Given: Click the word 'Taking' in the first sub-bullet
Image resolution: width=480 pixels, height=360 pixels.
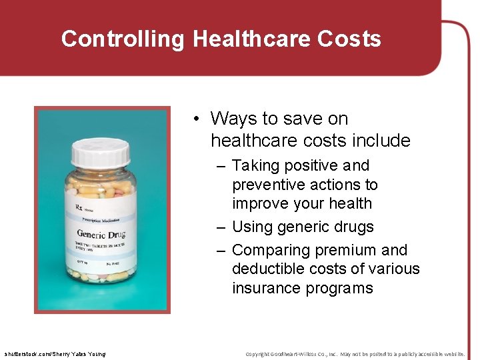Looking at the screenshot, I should tap(253, 165).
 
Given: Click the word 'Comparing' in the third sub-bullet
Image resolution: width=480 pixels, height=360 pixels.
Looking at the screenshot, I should tap(270, 250).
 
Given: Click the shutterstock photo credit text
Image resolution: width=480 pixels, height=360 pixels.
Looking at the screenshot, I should tap(54, 353).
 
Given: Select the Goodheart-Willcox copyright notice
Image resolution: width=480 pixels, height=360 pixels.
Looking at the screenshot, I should tap(355, 353).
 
